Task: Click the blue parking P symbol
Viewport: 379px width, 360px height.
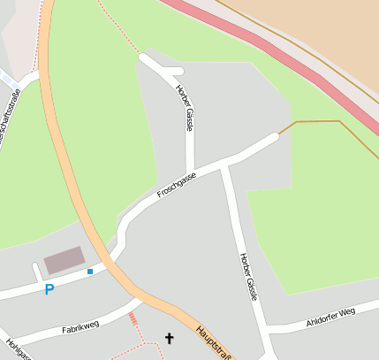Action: [x=49, y=289]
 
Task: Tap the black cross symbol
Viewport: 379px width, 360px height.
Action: [x=170, y=337]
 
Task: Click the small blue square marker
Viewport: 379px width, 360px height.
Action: [x=90, y=272]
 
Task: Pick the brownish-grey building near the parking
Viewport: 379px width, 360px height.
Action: [x=64, y=260]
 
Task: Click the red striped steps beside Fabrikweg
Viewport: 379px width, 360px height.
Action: [x=133, y=318]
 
